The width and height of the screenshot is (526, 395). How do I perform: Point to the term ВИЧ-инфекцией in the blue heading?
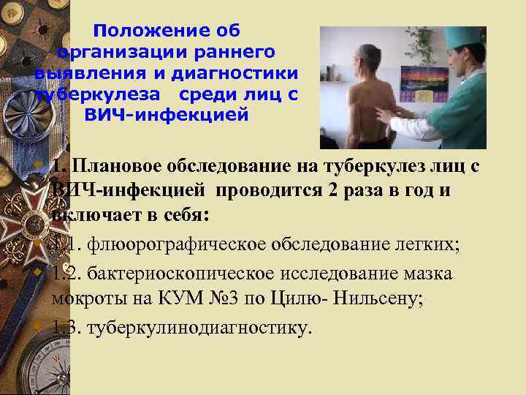(167, 116)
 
